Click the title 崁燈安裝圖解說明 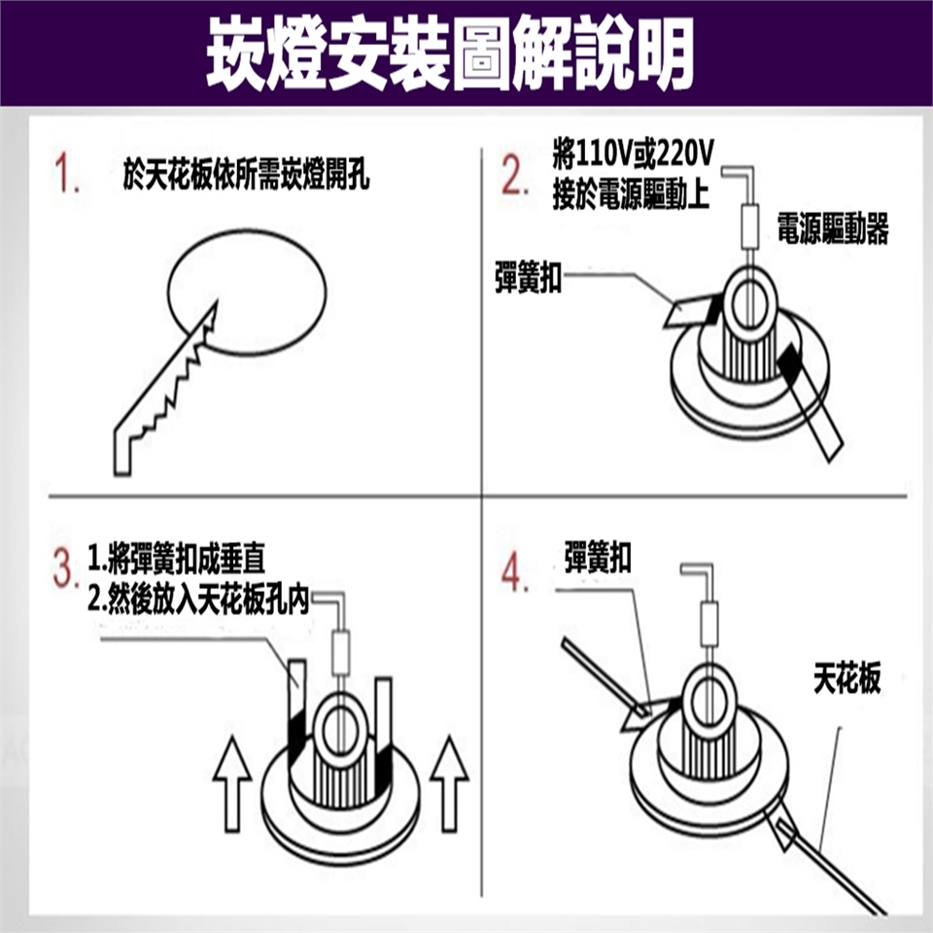tap(450, 53)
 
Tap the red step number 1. tap(67, 173)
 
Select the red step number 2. tap(515, 174)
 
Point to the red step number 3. tap(65, 568)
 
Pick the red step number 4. tap(514, 573)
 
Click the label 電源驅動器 tap(833, 228)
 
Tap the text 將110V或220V tap(633, 155)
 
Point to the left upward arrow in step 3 tap(232, 784)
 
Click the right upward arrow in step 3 tap(449, 784)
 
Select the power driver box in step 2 tap(749, 226)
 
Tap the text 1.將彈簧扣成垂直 tap(176, 558)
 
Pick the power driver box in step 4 tap(709, 624)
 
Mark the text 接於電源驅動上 tap(631, 194)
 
